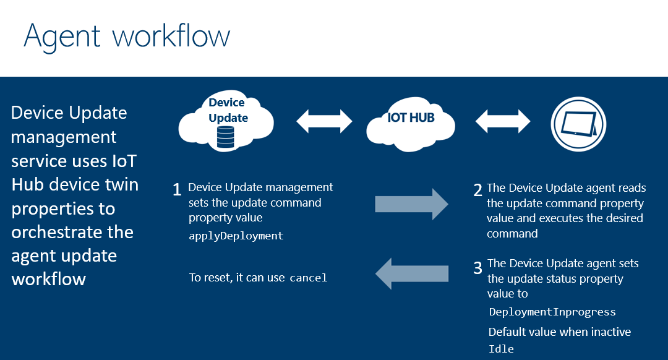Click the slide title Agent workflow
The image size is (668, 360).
127,36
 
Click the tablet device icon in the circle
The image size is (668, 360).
578,123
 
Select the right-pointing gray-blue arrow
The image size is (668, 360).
411,204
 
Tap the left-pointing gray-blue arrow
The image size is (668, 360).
411,273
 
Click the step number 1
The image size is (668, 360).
178,190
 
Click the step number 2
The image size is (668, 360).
477,190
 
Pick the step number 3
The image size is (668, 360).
477,268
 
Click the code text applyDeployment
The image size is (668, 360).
236,236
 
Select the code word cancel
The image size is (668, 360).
308,278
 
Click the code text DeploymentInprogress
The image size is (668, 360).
552,312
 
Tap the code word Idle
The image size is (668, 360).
501,349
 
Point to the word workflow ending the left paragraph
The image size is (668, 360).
48,278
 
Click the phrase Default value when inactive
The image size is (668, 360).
559,332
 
